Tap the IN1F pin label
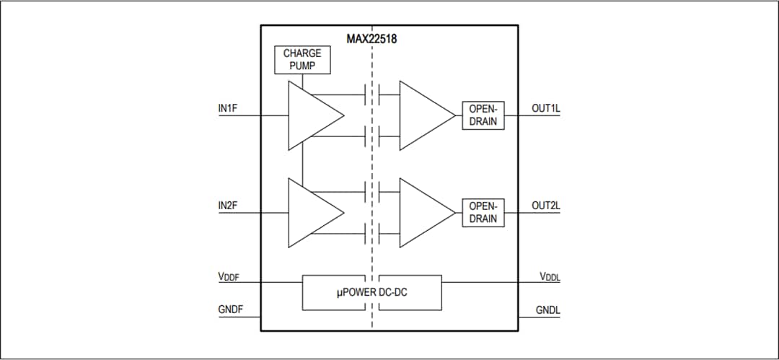pyautogui.click(x=228, y=108)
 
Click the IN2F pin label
pyautogui.click(x=228, y=206)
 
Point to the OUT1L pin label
pyautogui.click(x=546, y=108)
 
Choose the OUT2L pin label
pyautogui.click(x=546, y=206)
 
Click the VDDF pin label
pyautogui.click(x=230, y=277)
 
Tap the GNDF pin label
pyautogui.click(x=231, y=310)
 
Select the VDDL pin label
pyautogui.click(x=549, y=277)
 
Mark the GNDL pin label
pyautogui.click(x=548, y=310)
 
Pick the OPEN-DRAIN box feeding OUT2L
pyautogui.click(x=483, y=213)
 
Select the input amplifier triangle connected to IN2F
pyautogui.click(x=310, y=213)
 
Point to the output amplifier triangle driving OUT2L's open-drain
pyautogui.click(x=422, y=213)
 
